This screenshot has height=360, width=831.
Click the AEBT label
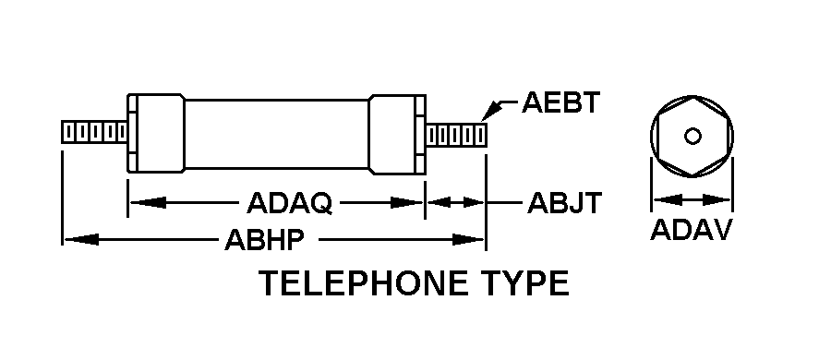point(560,102)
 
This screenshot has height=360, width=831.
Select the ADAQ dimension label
point(289,202)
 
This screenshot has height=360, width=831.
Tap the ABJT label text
point(564,202)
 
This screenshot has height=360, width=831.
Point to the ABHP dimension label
point(264,240)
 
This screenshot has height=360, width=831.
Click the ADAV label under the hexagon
point(691,230)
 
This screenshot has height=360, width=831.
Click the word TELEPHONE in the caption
point(363,283)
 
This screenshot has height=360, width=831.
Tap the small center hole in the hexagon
point(692,137)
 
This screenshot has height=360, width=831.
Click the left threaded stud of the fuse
point(94,132)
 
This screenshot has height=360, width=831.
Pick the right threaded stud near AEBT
point(456,135)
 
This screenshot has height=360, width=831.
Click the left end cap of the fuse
point(156,133)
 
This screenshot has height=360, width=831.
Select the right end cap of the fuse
point(397,135)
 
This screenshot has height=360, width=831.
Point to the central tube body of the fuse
point(277,134)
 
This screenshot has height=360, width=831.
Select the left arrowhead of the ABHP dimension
point(81,240)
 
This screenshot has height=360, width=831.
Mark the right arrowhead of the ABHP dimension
point(468,240)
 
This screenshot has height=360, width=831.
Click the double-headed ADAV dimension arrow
point(692,200)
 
